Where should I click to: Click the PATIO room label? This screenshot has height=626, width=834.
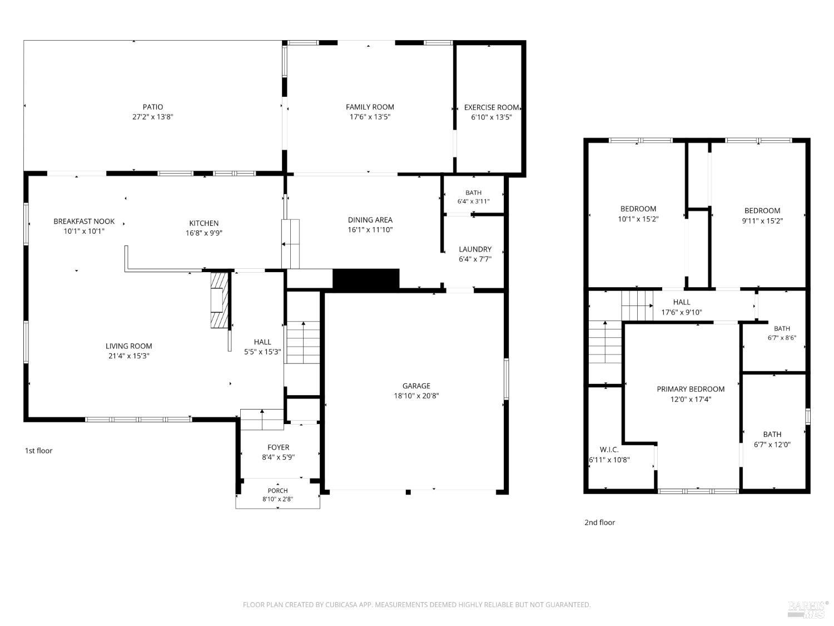click(153, 107)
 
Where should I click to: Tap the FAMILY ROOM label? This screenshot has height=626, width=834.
click(370, 107)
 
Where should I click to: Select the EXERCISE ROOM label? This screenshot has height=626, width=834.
click(492, 107)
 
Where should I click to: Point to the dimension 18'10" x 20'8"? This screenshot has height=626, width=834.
click(416, 396)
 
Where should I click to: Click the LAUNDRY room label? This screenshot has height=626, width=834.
click(475, 249)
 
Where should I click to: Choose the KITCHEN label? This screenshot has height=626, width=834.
click(203, 223)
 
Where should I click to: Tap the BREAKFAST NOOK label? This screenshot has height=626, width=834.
click(84, 221)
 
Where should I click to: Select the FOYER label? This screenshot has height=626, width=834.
click(278, 447)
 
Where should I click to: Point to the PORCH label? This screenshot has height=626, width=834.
click(278, 491)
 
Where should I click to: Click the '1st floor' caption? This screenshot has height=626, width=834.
click(38, 451)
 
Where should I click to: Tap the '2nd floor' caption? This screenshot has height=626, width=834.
click(599, 523)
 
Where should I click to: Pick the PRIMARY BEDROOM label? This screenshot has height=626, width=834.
click(691, 389)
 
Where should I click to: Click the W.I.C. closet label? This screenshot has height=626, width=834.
click(609, 450)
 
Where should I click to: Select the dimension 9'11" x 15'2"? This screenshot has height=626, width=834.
click(762, 221)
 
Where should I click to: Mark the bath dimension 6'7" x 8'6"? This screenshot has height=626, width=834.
click(782, 338)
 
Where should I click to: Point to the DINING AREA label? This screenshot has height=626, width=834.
click(370, 220)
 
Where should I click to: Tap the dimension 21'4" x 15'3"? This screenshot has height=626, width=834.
click(129, 356)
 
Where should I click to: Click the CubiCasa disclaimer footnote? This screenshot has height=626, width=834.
click(416, 605)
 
